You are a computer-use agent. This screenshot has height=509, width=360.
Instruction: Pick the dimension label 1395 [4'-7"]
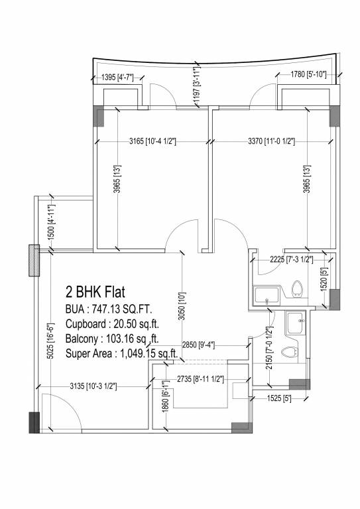pyautogui.click(x=117, y=78)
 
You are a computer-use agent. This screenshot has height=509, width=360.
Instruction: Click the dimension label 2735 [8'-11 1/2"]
pyautogui.click(x=200, y=379)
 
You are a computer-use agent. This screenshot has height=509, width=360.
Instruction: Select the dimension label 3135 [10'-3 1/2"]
pyautogui.click(x=92, y=386)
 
